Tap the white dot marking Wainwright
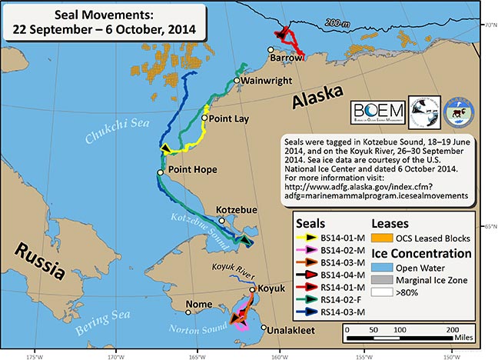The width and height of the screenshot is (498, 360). point(236,80)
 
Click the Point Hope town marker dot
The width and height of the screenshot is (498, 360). point(161,173)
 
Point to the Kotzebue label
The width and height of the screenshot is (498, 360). point(237,209)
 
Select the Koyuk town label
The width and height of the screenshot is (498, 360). point(271,288)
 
